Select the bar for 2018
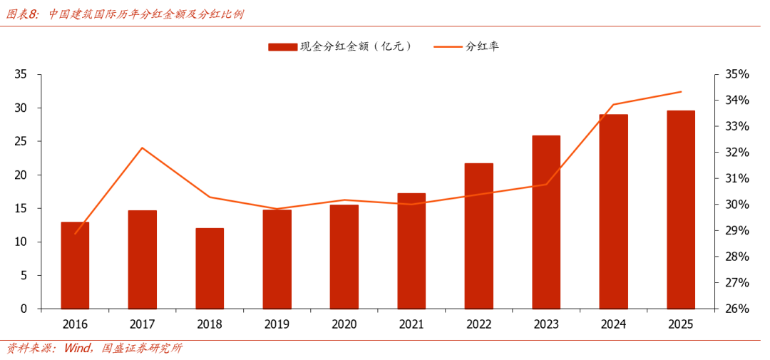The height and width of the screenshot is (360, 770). tap(210, 269)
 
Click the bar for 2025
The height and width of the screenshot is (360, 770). tap(681, 210)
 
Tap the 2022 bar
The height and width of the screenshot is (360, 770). tap(479, 236)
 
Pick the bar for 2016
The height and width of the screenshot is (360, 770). tap(75, 266)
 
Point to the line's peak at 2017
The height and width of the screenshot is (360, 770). tap(143, 148)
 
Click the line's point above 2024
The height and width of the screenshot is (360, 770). tap(613, 105)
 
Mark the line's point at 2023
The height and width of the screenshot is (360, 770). tap(546, 184)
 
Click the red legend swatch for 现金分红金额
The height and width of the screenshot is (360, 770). tap(282, 46)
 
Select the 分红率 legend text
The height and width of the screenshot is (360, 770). tap(483, 46)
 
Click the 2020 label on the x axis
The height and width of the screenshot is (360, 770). tap(344, 324)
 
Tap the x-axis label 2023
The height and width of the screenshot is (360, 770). tap(546, 324)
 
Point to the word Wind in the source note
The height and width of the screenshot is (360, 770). tap(77, 349)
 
